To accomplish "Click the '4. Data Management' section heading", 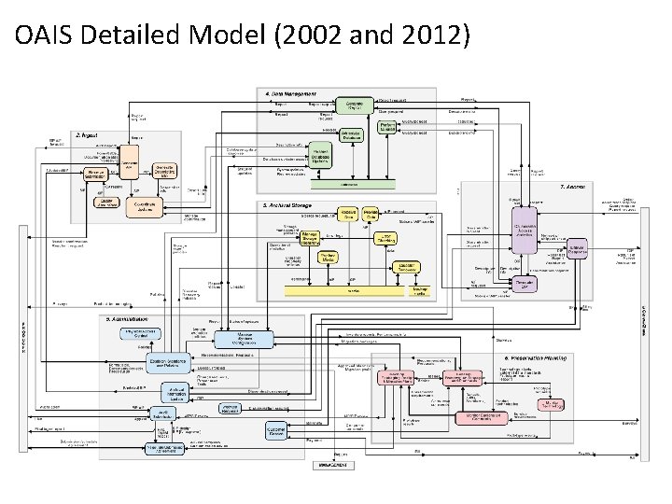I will (x=290, y=93).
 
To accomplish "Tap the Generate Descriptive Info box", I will (x=164, y=171).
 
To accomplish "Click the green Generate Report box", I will (x=355, y=106).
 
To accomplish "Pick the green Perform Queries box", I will (x=389, y=128).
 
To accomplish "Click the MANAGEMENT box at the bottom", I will (x=333, y=464).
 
